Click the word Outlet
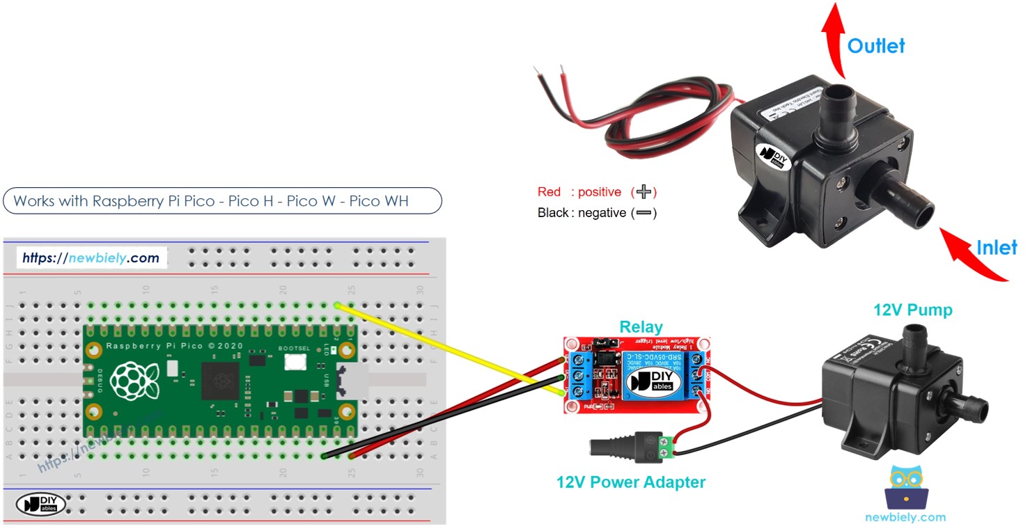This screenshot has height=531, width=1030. click(x=875, y=46)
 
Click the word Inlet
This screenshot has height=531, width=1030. click(x=996, y=247)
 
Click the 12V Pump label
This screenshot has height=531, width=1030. click(x=912, y=310)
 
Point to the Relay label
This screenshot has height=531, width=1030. click(x=641, y=326)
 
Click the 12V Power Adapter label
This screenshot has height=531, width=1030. click(x=630, y=482)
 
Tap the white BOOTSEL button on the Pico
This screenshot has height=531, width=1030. click(x=296, y=362)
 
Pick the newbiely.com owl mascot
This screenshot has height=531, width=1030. click(x=905, y=487)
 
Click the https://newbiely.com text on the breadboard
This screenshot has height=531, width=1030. click(x=91, y=258)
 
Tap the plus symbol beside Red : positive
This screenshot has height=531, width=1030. click(x=644, y=192)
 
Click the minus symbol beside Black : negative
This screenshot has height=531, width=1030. click(x=643, y=213)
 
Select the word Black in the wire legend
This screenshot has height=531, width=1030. click(x=553, y=213)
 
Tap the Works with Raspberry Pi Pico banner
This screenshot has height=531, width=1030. click(x=222, y=201)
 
